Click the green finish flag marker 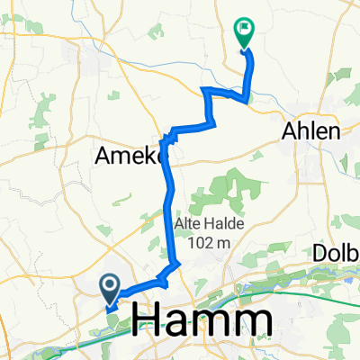(x=244, y=31)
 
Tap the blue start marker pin (x=110, y=288)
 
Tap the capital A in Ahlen (x=291, y=130)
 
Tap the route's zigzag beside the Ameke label (x=166, y=140)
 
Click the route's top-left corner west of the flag (x=207, y=90)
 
